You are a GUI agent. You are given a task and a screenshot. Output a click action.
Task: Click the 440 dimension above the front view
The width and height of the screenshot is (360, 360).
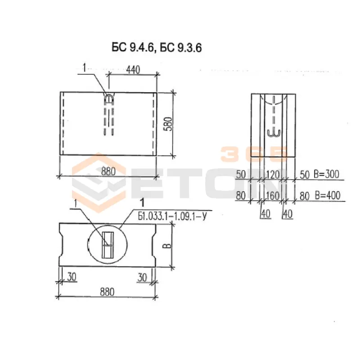point(133,70)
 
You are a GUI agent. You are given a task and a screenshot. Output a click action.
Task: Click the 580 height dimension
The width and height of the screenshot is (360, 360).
point(168,124)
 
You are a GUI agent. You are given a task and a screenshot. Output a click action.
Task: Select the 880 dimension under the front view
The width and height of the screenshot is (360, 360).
point(108,171)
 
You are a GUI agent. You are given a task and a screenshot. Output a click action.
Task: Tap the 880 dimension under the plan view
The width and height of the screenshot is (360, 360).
point(107,292)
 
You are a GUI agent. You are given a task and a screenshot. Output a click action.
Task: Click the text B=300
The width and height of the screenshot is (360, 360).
point(326,175)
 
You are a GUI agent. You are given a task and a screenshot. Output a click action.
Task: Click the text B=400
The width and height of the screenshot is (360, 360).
point(328,196)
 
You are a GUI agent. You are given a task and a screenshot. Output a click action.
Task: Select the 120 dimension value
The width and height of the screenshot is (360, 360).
point(273,175)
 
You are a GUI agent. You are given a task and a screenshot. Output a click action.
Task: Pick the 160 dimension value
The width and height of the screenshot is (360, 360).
point(273,196)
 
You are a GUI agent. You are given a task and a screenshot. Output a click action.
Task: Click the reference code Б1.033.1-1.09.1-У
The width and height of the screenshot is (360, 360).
point(172,216)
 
